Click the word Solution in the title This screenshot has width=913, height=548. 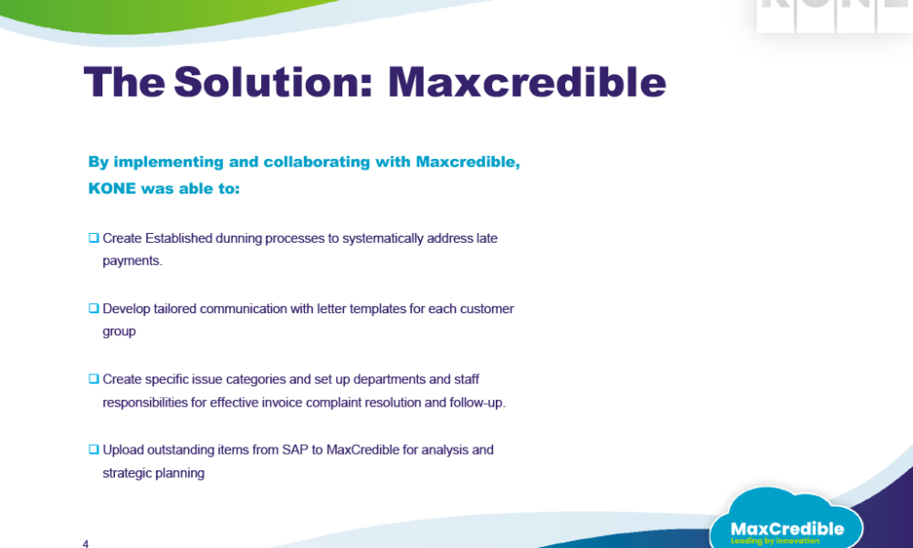[x=272, y=81]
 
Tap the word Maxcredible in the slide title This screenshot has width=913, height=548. [x=527, y=81]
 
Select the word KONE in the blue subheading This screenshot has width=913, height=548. [x=111, y=188]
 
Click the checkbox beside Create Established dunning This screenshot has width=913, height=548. [x=94, y=237]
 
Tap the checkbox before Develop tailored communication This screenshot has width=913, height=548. [x=94, y=308]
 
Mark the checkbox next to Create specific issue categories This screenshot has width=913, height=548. [x=94, y=378]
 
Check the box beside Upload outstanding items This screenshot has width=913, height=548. [x=94, y=449]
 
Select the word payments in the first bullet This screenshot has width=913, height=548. [x=131, y=261]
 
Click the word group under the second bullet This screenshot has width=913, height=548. [x=120, y=332]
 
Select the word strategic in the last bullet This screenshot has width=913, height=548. [x=127, y=473]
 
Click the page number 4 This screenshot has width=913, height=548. [x=86, y=543]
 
